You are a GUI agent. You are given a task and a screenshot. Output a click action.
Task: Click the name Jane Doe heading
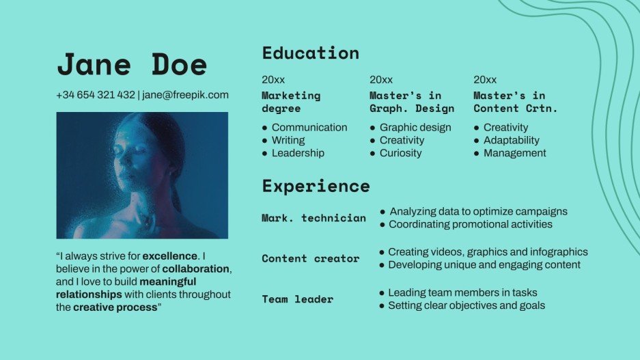coord(132,64)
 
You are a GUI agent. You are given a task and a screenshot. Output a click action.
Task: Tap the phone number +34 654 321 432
coord(96,95)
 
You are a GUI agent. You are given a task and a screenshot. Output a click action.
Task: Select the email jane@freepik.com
coord(185,95)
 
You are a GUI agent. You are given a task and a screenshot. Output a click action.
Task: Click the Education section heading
coord(310,53)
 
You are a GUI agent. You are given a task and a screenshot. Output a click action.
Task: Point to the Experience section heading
coord(316,186)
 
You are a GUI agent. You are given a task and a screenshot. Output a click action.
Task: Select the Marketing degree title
coord(291,102)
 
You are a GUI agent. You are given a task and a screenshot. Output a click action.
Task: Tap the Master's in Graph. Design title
coord(412,102)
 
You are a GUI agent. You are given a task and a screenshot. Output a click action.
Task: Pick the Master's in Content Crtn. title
coord(516,102)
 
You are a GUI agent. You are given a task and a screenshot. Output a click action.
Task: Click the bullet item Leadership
coord(298,153)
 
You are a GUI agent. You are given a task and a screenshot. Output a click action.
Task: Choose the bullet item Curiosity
coord(400,153)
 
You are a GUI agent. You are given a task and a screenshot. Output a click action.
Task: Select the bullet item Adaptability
coord(511,140)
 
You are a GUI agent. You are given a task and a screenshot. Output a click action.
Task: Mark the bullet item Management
coord(514,153)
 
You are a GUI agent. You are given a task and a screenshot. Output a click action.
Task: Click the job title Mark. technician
coord(314,218)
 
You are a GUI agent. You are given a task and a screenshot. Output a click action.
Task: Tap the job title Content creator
coord(310,258)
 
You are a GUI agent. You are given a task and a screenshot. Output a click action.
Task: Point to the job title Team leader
coord(298,299)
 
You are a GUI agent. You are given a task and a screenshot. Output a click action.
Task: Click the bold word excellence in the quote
coord(170,255)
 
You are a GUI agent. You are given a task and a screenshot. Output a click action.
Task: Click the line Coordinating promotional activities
coord(471,224)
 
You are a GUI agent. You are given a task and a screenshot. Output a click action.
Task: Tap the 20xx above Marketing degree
coord(273,80)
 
